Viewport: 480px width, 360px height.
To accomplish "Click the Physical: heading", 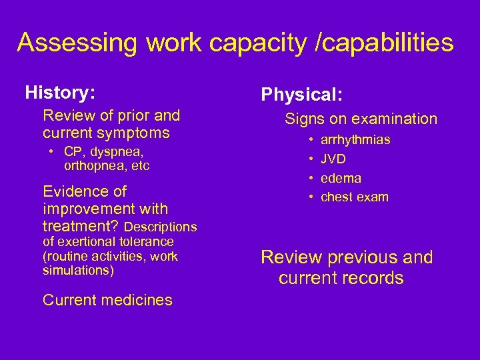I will [x=302, y=95].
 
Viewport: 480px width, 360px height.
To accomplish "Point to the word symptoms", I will [x=137, y=133].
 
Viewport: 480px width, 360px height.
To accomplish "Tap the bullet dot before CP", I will [x=53, y=152].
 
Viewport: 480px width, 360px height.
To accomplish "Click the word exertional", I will [x=89, y=241].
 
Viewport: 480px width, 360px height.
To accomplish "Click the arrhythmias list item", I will [x=355, y=140].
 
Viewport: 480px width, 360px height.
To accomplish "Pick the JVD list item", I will [x=333, y=159].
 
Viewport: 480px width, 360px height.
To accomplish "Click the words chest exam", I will [x=354, y=197].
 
